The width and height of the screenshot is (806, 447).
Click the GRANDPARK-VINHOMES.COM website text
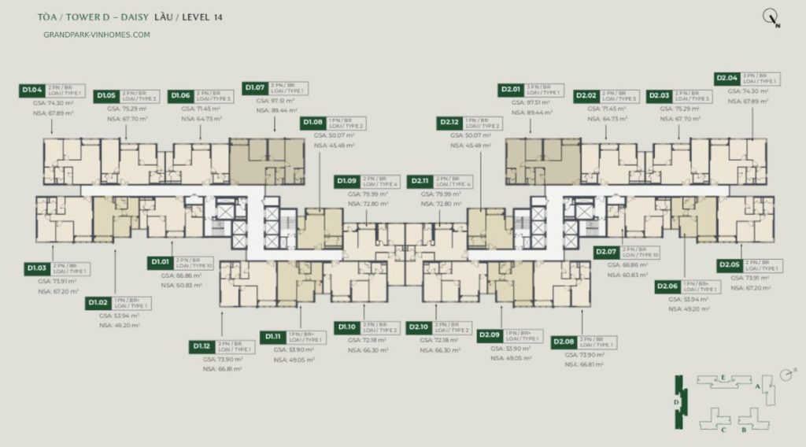coord(98,35)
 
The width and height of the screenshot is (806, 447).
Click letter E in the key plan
coord(723,378)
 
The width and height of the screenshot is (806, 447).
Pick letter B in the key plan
coord(742,430)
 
